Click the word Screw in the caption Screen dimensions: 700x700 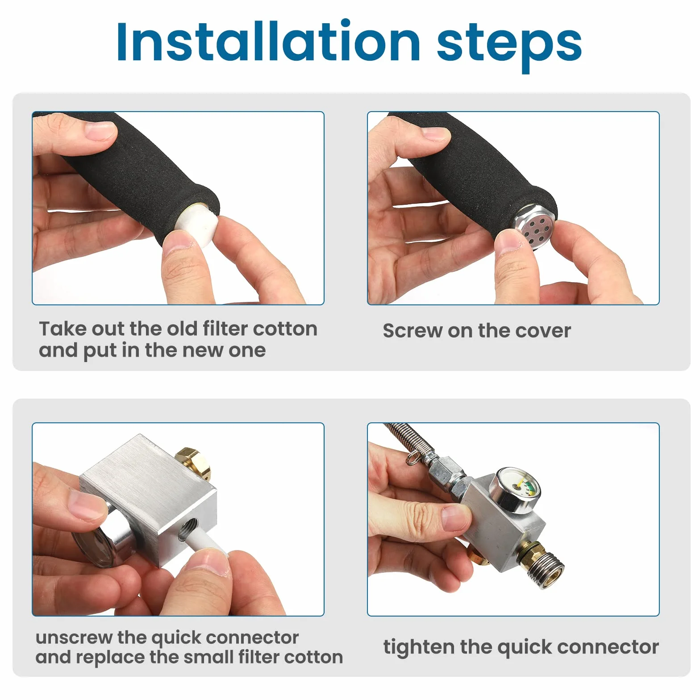[412, 331]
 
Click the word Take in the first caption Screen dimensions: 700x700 [62, 329]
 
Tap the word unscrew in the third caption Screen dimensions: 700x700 [74, 637]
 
